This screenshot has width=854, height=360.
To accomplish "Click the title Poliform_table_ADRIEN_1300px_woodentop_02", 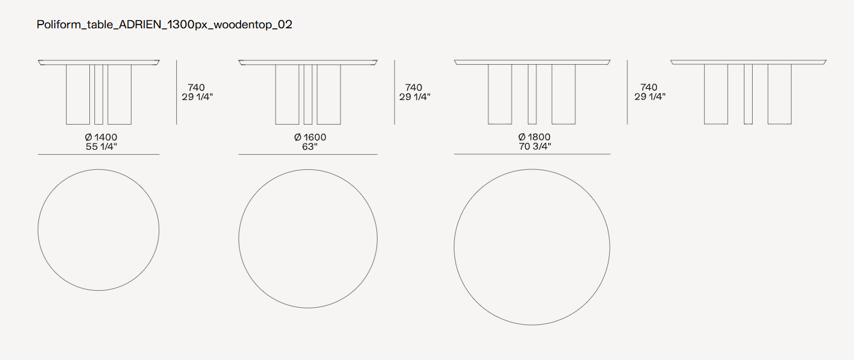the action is [164, 25].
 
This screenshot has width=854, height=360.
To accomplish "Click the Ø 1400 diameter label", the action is [101, 137].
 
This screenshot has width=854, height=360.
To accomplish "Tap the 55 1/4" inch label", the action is [101, 147].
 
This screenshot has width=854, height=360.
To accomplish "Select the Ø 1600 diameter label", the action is [310, 137].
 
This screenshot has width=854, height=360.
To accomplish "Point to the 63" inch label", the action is [310, 147].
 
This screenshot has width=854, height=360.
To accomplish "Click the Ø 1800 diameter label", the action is [534, 137].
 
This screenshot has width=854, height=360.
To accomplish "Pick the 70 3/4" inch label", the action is [535, 147].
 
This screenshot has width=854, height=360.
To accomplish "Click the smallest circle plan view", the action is [38, 230].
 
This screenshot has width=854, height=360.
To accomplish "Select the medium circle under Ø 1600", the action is [239, 239].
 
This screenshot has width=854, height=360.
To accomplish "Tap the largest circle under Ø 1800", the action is [454, 247].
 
